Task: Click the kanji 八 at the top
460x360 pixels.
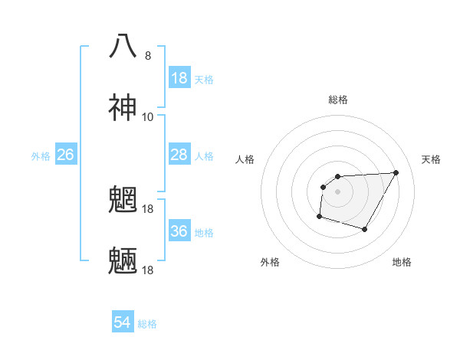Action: pyautogui.click(x=123, y=46)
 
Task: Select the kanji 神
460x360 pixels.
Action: pyautogui.click(x=123, y=107)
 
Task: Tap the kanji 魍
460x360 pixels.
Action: pyautogui.click(x=123, y=201)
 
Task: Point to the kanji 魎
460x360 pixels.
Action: pyautogui.click(x=123, y=262)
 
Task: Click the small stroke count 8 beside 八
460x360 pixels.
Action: pyautogui.click(x=148, y=56)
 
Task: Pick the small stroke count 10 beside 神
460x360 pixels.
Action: pyautogui.click(x=148, y=117)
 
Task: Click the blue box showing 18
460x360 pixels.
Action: pyautogui.click(x=179, y=78)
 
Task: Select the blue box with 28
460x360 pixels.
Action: pyautogui.click(x=179, y=155)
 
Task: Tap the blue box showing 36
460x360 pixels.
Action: pyautogui.click(x=179, y=231)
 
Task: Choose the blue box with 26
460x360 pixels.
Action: pyautogui.click(x=65, y=155)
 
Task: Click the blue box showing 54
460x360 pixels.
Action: pyautogui.click(x=122, y=323)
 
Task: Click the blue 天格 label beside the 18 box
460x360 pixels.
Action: pyautogui.click(x=204, y=79)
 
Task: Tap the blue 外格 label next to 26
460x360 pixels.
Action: pyautogui.click(x=41, y=155)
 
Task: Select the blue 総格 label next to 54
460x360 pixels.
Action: pyautogui.click(x=147, y=324)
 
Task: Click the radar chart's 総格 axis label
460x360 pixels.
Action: pyautogui.click(x=338, y=100)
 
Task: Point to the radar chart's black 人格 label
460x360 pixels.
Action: pyautogui.click(x=245, y=159)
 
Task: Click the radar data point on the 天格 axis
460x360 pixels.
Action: pyautogui.click(x=396, y=172)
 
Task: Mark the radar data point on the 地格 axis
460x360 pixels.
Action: pyautogui.click(x=365, y=229)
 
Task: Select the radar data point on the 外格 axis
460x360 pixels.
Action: pyautogui.click(x=319, y=217)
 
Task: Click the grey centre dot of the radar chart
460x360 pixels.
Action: pyautogui.click(x=337, y=191)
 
